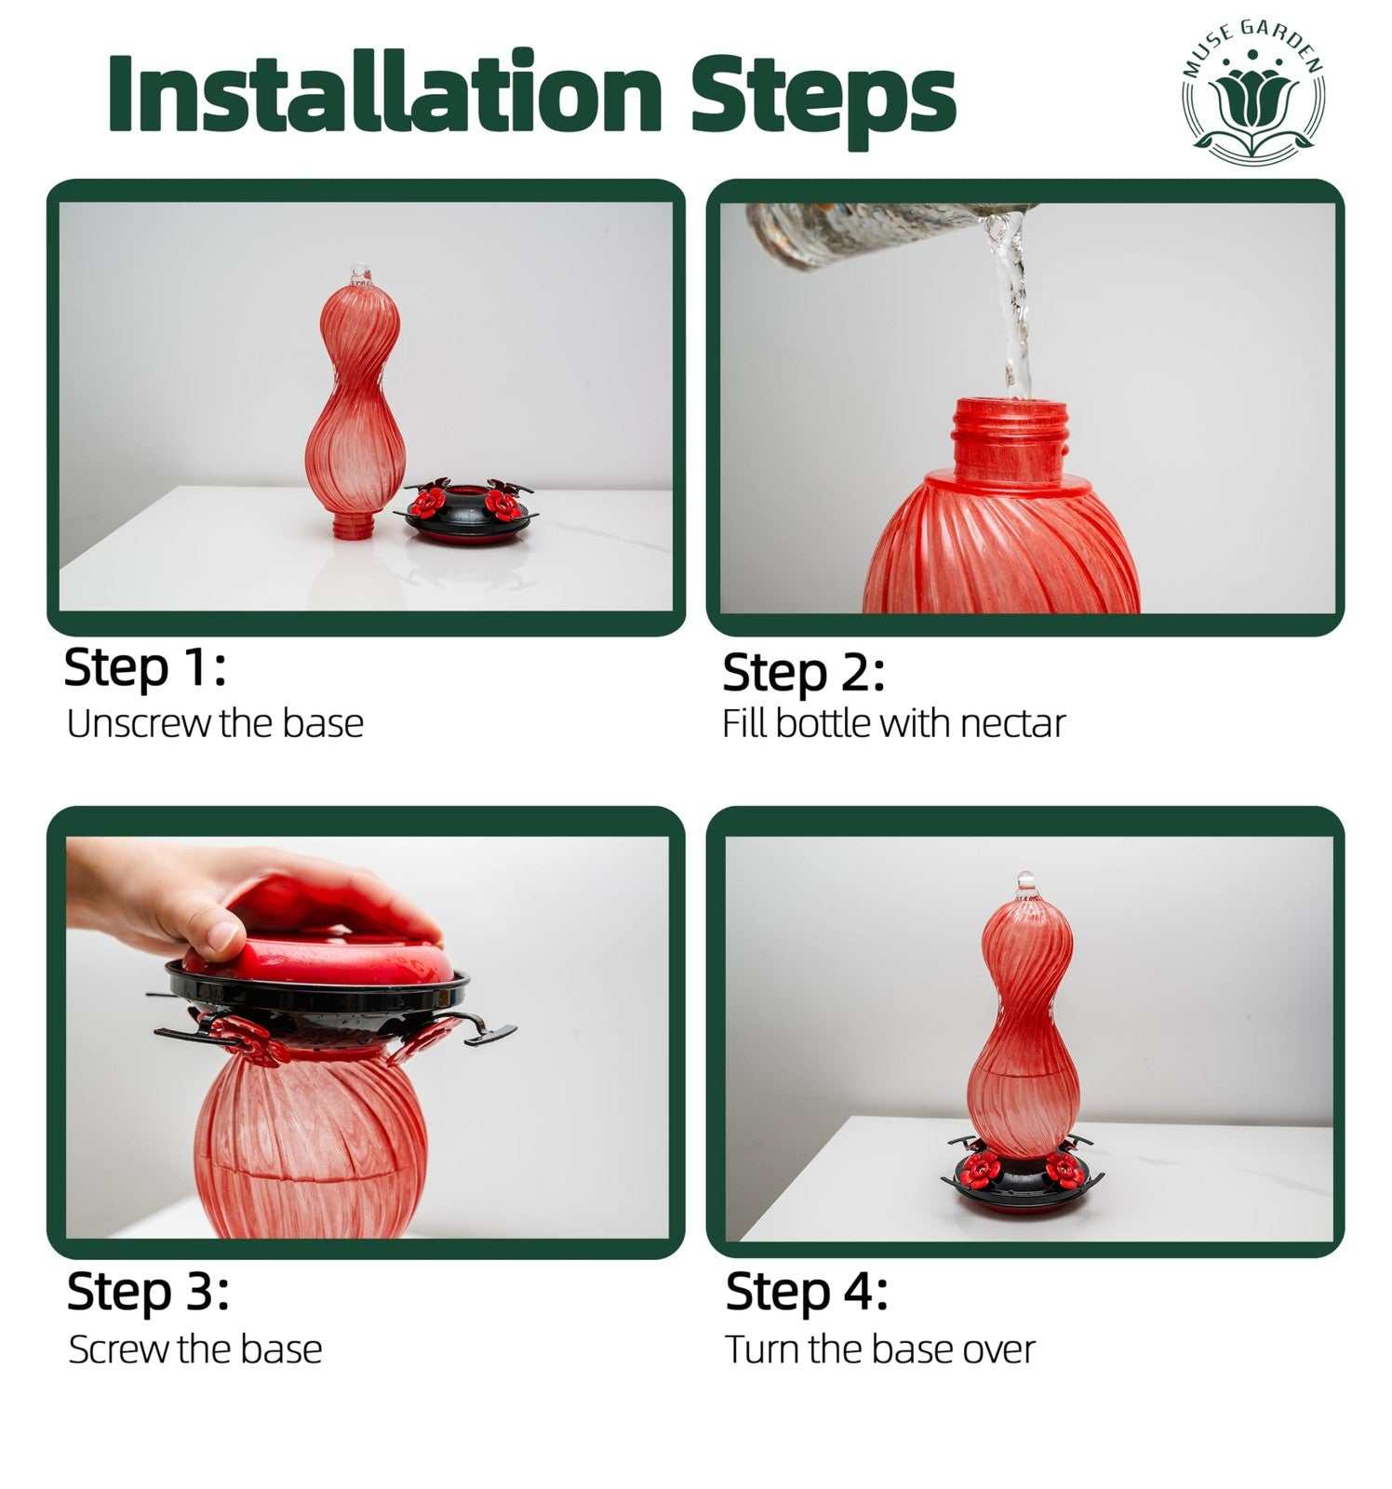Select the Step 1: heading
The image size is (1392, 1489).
tap(145, 668)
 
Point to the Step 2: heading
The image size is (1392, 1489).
tap(803, 673)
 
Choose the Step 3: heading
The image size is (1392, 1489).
tap(148, 1292)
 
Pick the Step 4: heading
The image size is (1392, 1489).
tap(807, 1292)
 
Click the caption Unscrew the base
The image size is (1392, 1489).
tap(215, 723)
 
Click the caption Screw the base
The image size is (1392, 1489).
tap(195, 1349)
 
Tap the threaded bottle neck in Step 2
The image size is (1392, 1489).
tap(1010, 440)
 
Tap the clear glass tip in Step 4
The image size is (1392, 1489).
tap(1025, 885)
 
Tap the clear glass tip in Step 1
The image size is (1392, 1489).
tap(360, 275)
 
